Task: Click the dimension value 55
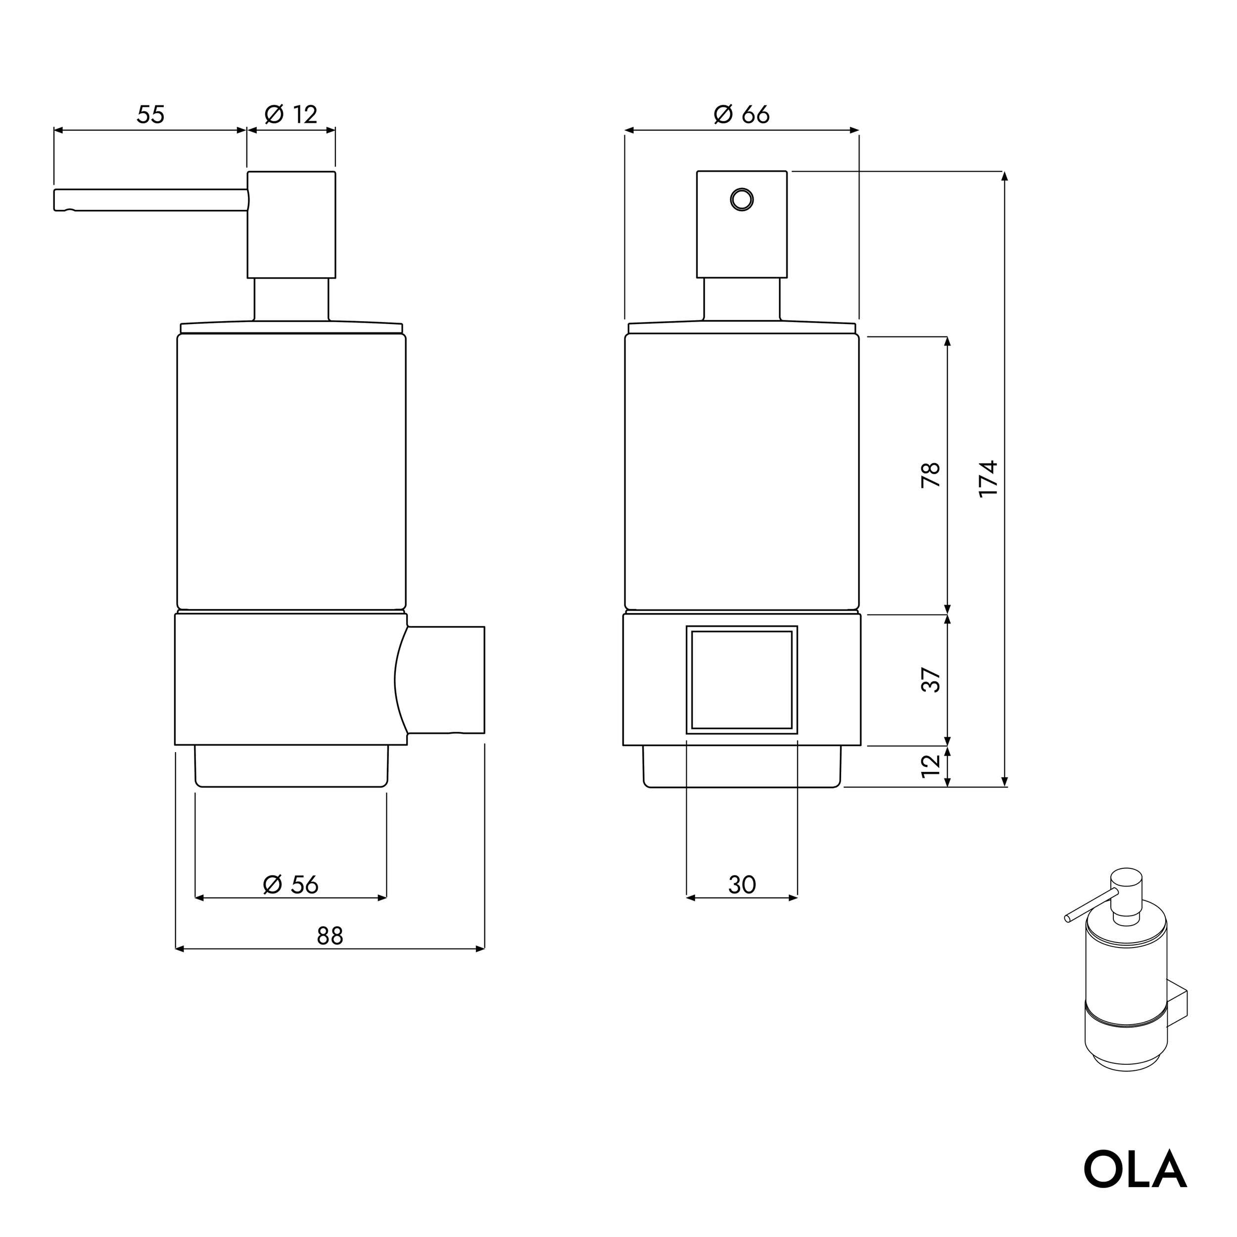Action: point(150,115)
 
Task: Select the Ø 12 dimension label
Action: point(291,115)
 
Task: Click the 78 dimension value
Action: point(931,475)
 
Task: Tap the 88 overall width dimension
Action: point(330,937)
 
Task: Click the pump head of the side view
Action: point(291,224)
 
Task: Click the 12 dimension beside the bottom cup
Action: point(931,766)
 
